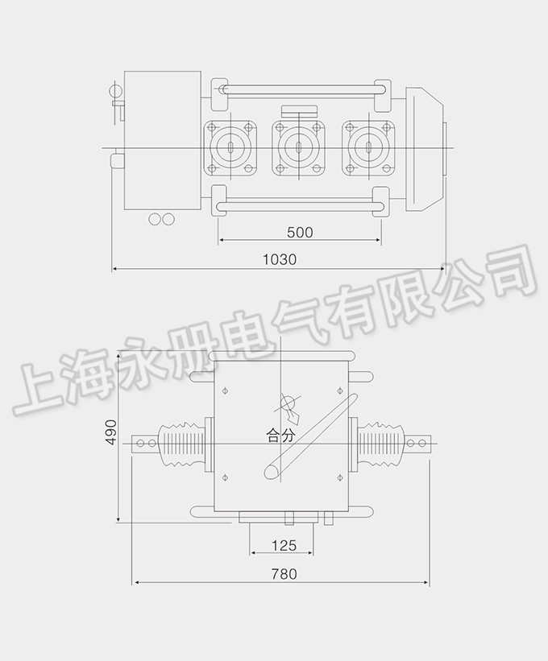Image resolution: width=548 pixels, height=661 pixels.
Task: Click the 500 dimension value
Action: [x=300, y=233]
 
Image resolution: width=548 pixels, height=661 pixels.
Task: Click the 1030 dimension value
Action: [x=280, y=259]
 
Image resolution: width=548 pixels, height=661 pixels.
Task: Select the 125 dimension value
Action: [x=283, y=545]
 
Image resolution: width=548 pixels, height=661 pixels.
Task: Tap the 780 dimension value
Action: [x=284, y=574]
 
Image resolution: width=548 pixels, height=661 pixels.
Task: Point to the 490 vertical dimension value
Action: [x=112, y=432]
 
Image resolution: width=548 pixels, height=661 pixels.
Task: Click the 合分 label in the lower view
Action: [x=282, y=436]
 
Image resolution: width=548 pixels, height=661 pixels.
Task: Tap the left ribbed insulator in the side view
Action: [x=182, y=444]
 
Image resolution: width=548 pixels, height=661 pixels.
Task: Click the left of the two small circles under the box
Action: [x=154, y=218]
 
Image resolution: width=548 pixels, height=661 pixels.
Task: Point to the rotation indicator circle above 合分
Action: [x=288, y=404]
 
